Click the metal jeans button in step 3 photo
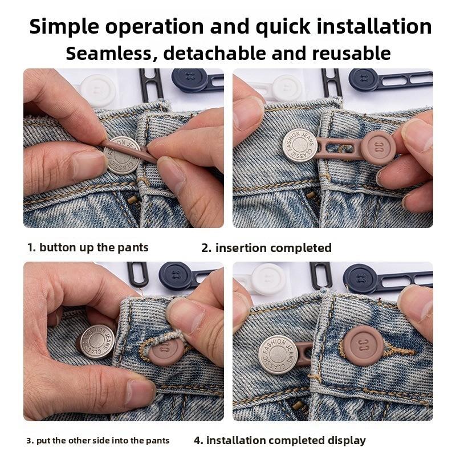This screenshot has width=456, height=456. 96,342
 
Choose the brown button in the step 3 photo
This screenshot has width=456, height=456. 165,349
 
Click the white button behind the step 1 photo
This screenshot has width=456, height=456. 97,88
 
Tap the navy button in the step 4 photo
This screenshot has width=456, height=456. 361,279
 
